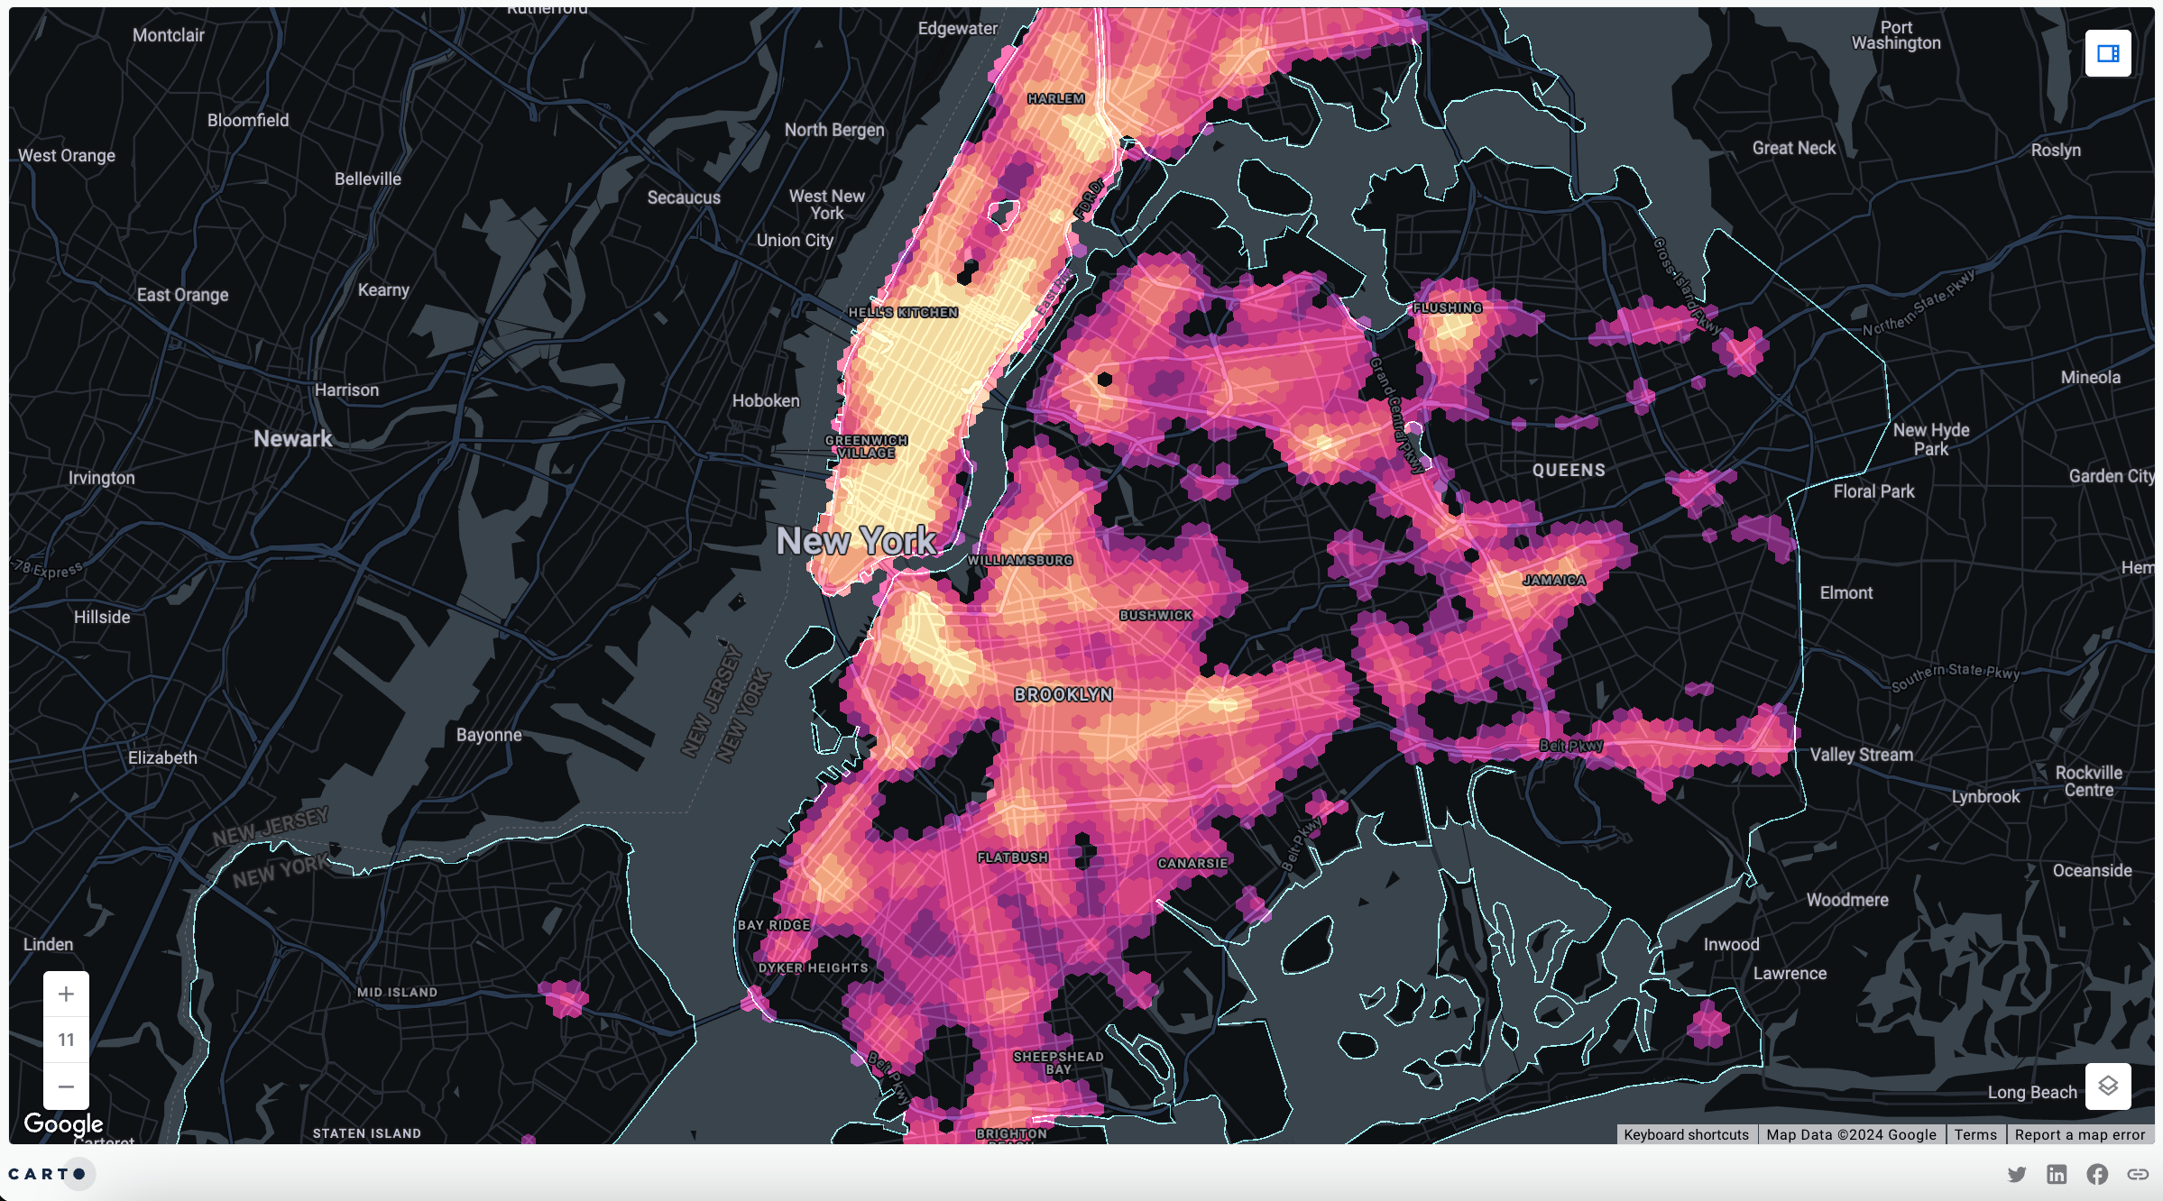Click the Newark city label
(x=292, y=439)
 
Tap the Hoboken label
(x=766, y=400)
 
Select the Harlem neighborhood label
(x=1055, y=98)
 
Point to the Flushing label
(x=1447, y=307)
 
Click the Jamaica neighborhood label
(x=1553, y=580)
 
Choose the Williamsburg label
(x=1020, y=560)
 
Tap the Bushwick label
(x=1155, y=615)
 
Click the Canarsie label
(x=1192, y=863)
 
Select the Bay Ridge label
(x=773, y=925)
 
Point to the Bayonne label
(x=489, y=735)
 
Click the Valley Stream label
(x=1861, y=755)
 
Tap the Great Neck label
(x=1793, y=148)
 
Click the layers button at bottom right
(x=2107, y=1086)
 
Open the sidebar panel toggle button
(x=2107, y=54)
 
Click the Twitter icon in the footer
(x=2017, y=1174)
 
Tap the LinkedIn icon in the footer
(x=2057, y=1174)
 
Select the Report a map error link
(x=2079, y=1134)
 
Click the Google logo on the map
(x=63, y=1123)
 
